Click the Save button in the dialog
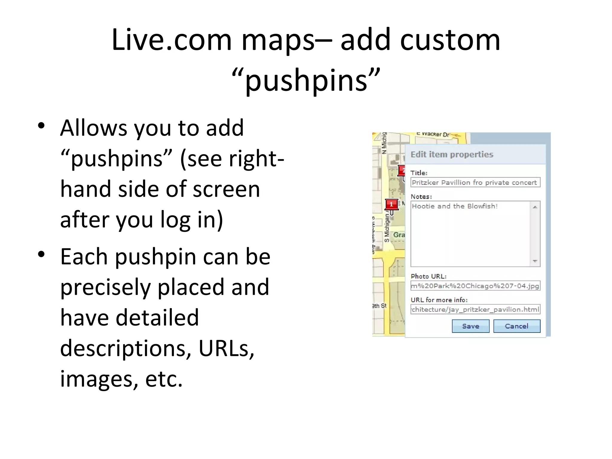[x=470, y=326]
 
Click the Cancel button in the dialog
[x=517, y=326]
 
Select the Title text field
[x=475, y=183]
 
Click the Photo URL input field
[x=475, y=286]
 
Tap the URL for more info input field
[x=475, y=309]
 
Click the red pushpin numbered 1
[x=391, y=205]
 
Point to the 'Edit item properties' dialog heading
[x=452, y=154]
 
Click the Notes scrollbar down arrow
[x=535, y=261]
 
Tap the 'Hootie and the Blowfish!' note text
[x=455, y=206]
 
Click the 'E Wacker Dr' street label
[x=433, y=134]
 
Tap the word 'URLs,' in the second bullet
[x=226, y=348]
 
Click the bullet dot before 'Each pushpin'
[x=41, y=254]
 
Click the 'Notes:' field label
[x=421, y=197]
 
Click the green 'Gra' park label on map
[x=399, y=235]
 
